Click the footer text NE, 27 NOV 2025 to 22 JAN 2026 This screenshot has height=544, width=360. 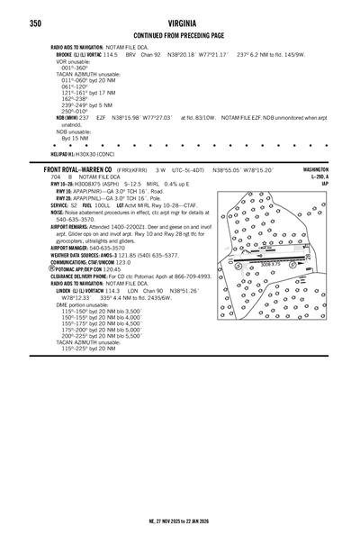tap(180, 521)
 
